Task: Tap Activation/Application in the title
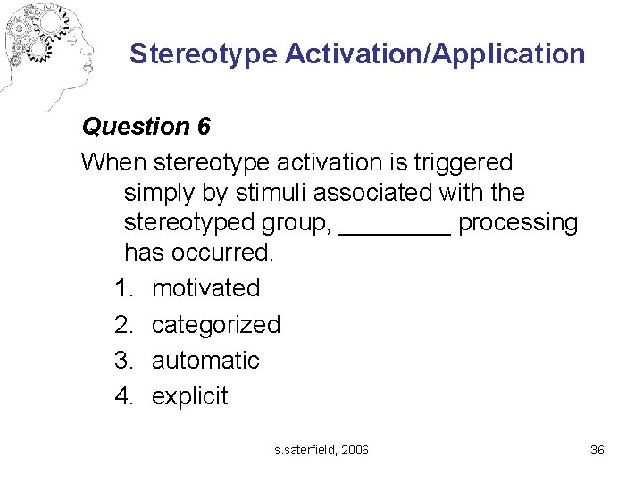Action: coord(435,54)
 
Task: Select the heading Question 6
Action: coord(146,127)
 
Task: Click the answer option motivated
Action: coord(205,288)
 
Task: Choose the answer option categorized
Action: coord(215,324)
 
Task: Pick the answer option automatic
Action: coord(205,360)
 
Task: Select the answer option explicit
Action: coord(189,395)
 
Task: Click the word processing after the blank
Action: coord(518,222)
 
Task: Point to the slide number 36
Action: coord(597,450)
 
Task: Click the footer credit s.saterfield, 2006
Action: coord(321,450)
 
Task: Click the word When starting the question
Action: coord(114,163)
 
